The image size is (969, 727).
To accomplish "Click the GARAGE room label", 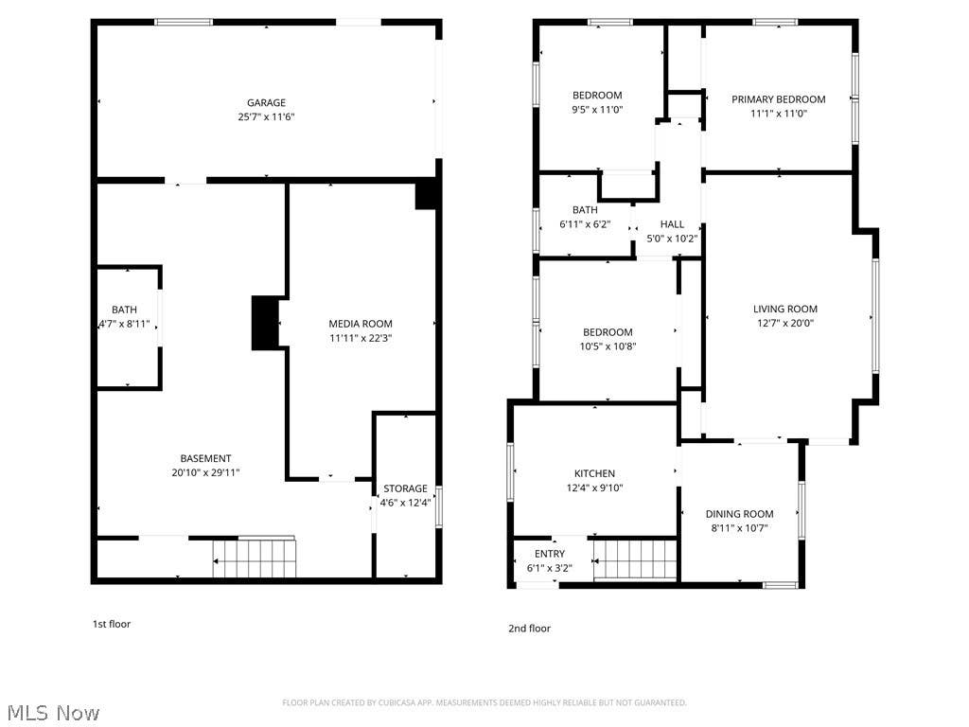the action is [x=266, y=102].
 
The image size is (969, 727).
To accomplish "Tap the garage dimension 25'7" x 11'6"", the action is [x=266, y=116].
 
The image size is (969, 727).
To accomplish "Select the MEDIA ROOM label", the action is [x=361, y=324].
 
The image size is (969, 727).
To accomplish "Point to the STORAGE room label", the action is [x=405, y=488].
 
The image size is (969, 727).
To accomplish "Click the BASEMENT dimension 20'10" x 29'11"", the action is [x=205, y=473].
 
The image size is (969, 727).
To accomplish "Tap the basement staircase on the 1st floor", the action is [x=255, y=559].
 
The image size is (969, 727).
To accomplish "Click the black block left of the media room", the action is [x=265, y=324].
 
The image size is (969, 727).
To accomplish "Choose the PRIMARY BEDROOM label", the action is [x=779, y=99].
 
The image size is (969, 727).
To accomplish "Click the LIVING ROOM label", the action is [x=785, y=310].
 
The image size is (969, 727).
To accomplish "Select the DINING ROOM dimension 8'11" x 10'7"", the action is [x=740, y=528].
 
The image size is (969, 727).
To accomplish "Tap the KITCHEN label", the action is [x=594, y=473].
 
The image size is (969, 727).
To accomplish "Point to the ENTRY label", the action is [x=550, y=554].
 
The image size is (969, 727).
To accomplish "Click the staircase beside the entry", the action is [x=635, y=560].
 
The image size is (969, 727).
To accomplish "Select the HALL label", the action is [x=673, y=224].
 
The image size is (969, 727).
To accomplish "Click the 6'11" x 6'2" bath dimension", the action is [x=585, y=224].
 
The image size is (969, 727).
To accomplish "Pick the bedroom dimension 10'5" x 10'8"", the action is [x=608, y=346].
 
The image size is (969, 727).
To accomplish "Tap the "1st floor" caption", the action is [x=112, y=624].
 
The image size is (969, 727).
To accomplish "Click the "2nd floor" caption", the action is [x=530, y=629].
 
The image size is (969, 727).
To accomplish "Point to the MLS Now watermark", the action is [x=54, y=713].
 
